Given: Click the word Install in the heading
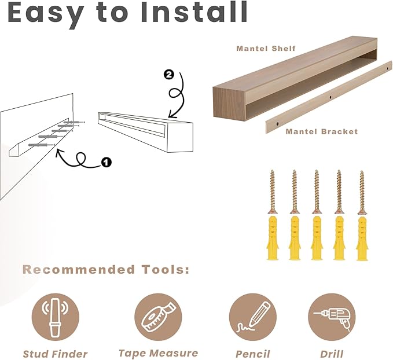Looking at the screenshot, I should tap(191, 13).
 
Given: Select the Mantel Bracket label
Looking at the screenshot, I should tap(322, 131).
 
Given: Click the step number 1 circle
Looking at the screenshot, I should tap(106, 163).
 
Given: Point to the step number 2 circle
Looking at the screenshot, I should tap(168, 75).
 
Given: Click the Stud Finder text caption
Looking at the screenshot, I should tap(55, 354).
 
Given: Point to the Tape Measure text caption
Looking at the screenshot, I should tap(158, 353).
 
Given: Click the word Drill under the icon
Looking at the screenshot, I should tap(331, 354).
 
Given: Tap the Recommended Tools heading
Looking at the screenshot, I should tap(106, 270).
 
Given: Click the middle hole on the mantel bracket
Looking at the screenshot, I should tap(330, 95).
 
